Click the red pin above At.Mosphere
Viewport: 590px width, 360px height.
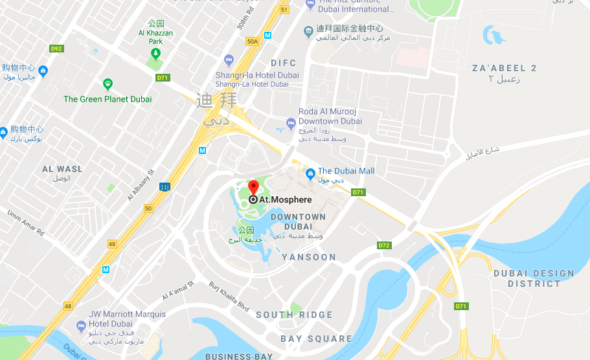tap(253, 188)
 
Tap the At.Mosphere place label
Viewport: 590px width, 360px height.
tap(285, 200)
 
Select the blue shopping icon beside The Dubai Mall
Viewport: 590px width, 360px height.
tap(310, 172)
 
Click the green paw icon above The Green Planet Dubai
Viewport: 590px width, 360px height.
tap(108, 84)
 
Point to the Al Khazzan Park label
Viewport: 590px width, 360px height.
tap(155, 37)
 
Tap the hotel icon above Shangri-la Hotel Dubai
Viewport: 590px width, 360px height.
tap(227, 60)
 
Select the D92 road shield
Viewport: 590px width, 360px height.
tap(56, 49)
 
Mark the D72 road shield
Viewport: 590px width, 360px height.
tap(384, 245)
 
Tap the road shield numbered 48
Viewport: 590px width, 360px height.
tap(69, 306)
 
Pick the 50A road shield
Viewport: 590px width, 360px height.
tap(252, 41)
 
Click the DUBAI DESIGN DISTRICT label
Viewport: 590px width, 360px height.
tap(534, 278)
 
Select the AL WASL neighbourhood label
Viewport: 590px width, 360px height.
tap(62, 169)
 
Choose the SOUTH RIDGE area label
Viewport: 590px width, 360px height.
tap(294, 315)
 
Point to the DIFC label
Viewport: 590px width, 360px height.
tap(283, 63)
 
